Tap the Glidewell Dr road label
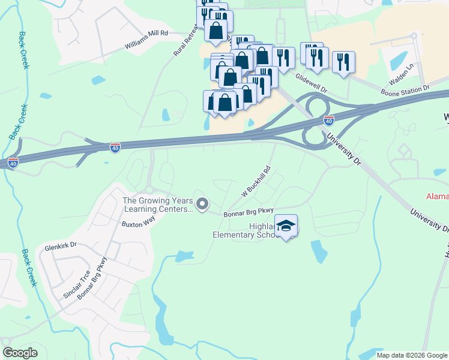tap(312, 82)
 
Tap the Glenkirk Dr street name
tap(61, 245)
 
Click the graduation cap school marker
tap(286, 226)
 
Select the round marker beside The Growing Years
tap(202, 205)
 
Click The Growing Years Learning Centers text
tap(158, 205)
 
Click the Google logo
tap(20, 353)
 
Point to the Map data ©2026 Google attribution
tap(411, 355)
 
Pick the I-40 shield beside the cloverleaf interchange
tap(328, 121)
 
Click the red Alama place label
tap(437, 196)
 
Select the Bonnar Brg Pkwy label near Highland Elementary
tap(249, 212)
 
